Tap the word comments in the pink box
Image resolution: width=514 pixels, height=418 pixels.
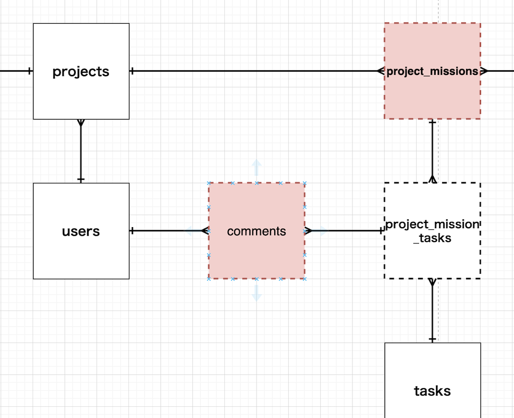click(257, 231)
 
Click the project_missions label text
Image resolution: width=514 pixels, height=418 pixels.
click(433, 71)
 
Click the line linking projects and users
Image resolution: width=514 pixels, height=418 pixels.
click(81, 151)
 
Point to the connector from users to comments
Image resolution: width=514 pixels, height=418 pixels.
click(169, 231)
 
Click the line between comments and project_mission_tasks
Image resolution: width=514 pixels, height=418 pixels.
click(345, 231)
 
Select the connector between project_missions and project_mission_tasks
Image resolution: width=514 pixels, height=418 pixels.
click(433, 151)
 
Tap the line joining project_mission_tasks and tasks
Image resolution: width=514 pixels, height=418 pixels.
click(433, 311)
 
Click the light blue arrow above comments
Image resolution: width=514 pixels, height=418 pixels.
click(257, 168)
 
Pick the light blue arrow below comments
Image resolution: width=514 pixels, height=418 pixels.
click(257, 293)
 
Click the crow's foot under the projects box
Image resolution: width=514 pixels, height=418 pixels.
click(81, 123)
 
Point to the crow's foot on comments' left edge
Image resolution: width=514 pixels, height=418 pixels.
click(205, 231)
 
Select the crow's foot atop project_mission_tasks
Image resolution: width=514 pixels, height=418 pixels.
click(433, 179)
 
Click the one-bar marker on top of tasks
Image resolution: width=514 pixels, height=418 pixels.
click(433, 339)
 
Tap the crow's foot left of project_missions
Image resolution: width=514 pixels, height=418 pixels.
click(380, 71)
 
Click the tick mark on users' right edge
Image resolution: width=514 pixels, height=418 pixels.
click(132, 231)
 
